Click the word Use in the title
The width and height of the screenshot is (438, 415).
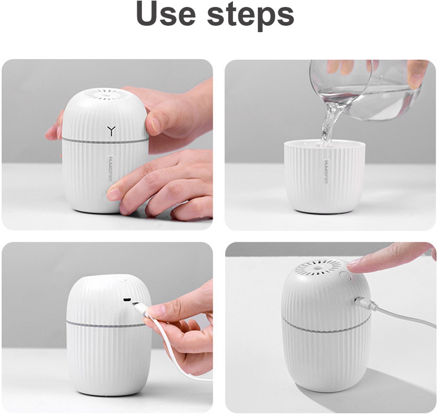click(x=166, y=14)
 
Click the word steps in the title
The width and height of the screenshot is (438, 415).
click(x=251, y=17)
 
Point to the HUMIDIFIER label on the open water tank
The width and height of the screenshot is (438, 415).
click(x=326, y=172)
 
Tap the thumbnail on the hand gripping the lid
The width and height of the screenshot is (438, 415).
click(x=156, y=124)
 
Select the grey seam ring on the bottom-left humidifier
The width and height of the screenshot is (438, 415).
click(x=105, y=325)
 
